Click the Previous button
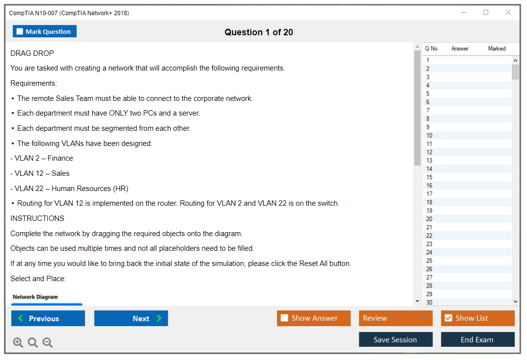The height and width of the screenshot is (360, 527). [x=48, y=318]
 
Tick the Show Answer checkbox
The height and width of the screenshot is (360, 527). [x=284, y=318]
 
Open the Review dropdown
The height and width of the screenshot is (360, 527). [x=396, y=318]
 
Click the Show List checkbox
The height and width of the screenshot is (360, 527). [x=449, y=318]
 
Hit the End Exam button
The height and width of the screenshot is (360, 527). [x=477, y=339]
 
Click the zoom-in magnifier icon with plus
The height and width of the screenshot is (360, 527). [x=18, y=342]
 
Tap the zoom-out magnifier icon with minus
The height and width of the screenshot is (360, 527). [x=48, y=342]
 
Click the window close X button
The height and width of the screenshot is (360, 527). [x=508, y=12]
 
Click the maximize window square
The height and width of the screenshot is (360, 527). [x=486, y=12]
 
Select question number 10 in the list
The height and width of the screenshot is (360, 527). [x=429, y=135]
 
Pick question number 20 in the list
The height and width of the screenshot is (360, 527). [x=429, y=219]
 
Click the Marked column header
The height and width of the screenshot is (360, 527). [x=497, y=48]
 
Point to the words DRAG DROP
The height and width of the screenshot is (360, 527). [x=32, y=53]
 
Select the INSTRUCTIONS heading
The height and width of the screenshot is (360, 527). [x=37, y=218]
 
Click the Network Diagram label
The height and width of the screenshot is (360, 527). [x=35, y=297]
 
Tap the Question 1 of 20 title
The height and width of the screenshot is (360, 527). [x=259, y=32]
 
